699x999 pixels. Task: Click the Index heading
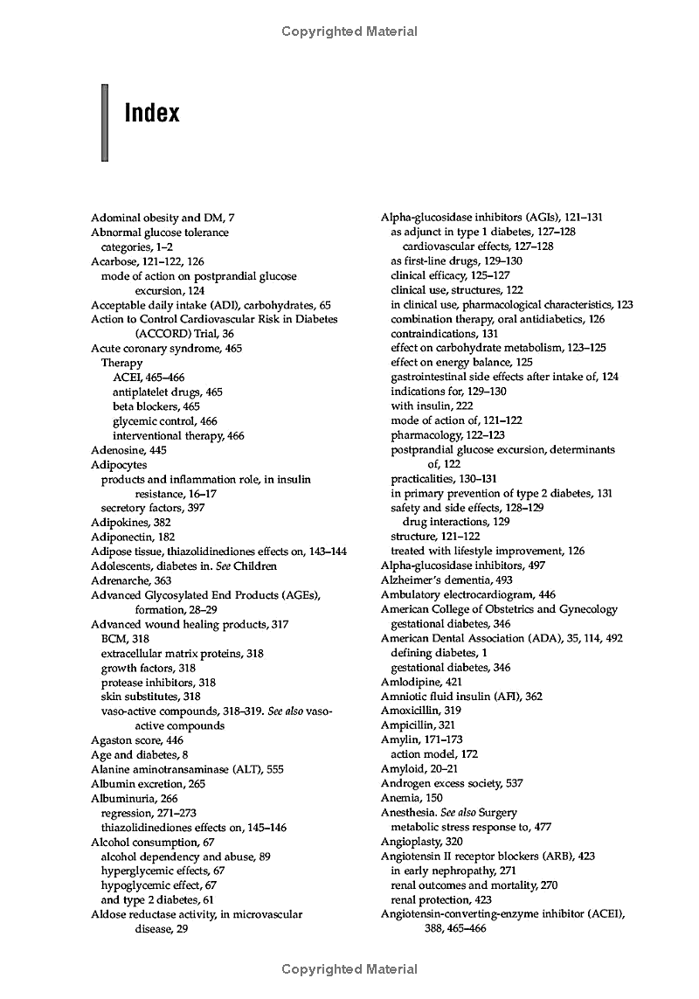point(152,114)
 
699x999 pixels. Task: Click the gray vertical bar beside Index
point(104,122)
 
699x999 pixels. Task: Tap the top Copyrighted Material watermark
point(349,31)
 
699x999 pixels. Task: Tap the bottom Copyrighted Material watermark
point(349,969)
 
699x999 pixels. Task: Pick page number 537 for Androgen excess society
point(515,783)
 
